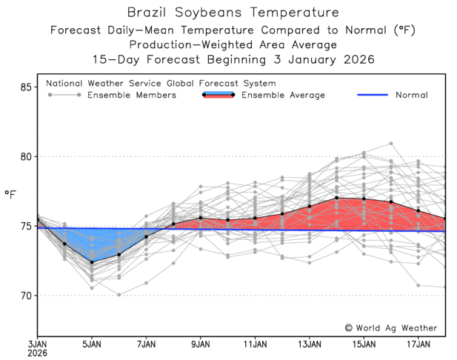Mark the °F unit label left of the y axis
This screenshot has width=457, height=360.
coord(10,194)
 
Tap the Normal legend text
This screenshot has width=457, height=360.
coord(411,95)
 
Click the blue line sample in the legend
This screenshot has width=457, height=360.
coord(373,95)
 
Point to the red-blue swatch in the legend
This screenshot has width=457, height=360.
coord(219,95)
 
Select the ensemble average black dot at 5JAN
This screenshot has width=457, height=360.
coord(93,262)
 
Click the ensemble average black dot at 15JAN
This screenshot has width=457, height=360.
coord(364,199)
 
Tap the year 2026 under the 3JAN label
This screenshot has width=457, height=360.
coord(38,353)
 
